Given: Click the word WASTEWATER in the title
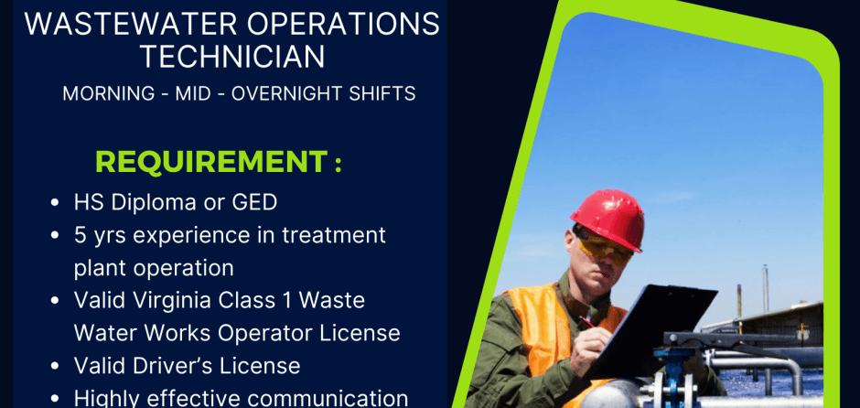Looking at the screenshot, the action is click(x=131, y=24).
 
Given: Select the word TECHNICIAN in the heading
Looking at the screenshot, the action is click(x=232, y=57).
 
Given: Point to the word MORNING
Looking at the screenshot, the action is click(x=109, y=94).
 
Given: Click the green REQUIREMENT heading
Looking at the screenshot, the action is click(x=218, y=162).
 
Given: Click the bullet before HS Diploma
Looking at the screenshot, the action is click(x=54, y=203).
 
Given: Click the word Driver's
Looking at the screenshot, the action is click(x=165, y=366).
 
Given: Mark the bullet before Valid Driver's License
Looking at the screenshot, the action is click(x=54, y=366).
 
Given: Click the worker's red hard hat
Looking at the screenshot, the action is click(x=607, y=220).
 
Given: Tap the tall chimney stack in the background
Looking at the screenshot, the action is click(x=765, y=289).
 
